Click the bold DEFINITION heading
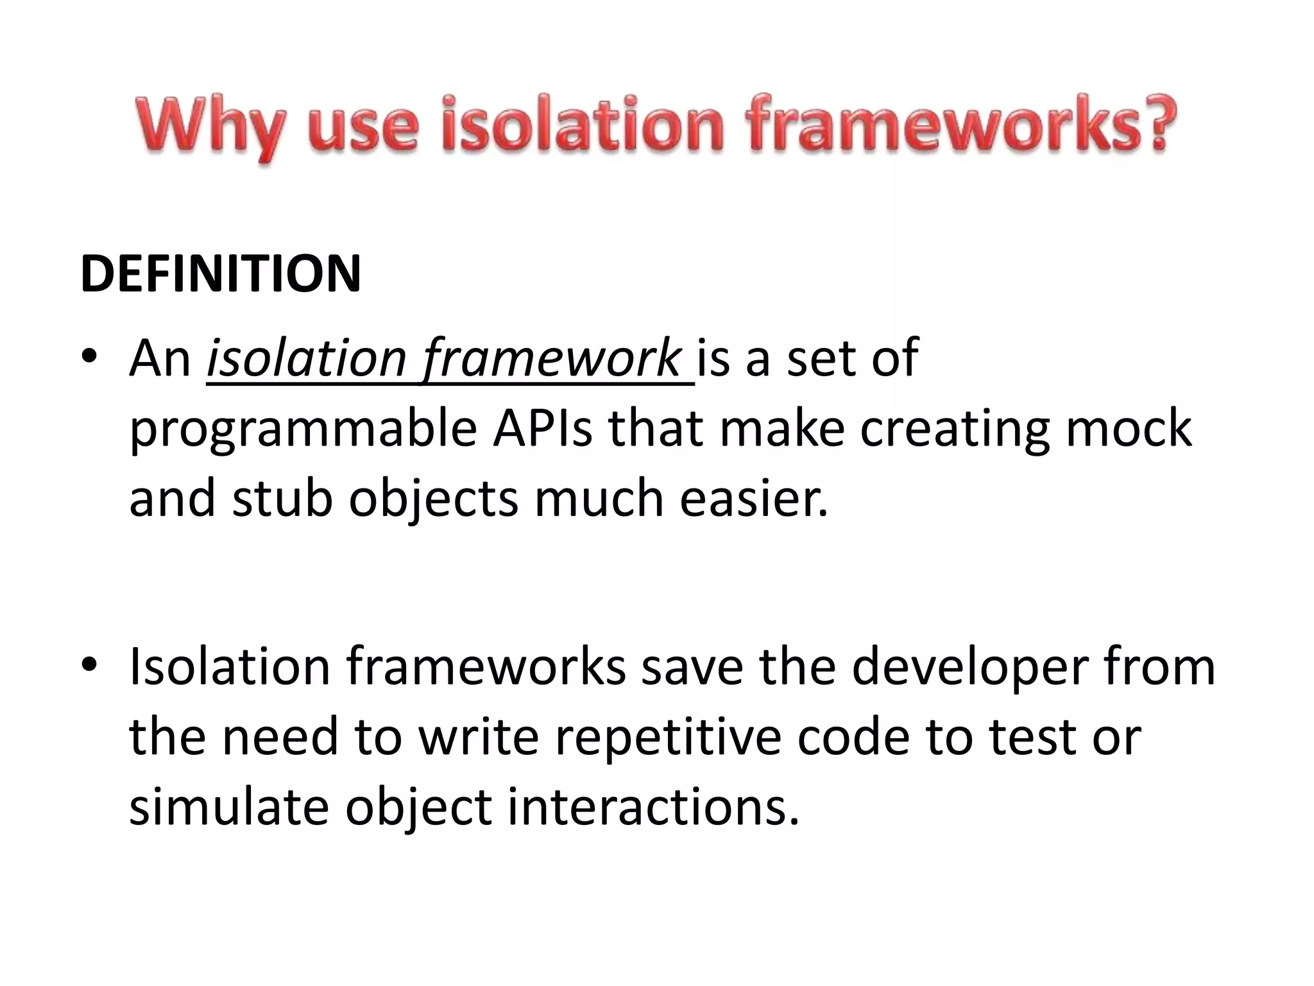pyautogui.click(x=221, y=274)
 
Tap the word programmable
pyautogui.click(x=303, y=430)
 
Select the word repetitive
pyautogui.click(x=668, y=737)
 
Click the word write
pyautogui.click(x=479, y=736)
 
